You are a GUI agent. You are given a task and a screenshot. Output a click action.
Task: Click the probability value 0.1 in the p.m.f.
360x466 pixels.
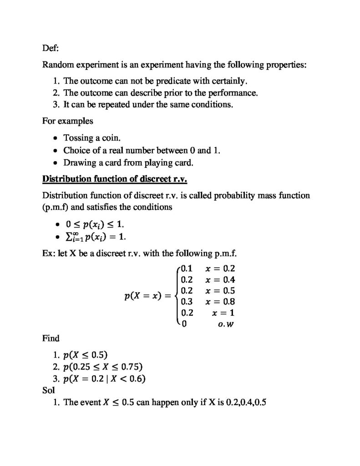[x=187, y=268]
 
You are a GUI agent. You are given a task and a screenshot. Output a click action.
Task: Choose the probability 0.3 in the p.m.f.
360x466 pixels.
[x=187, y=302]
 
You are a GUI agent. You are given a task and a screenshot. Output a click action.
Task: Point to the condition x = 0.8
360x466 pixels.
[x=220, y=302]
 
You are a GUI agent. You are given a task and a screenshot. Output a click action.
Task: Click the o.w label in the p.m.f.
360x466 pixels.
[x=226, y=324]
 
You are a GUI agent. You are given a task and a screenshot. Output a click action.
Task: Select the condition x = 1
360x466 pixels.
[x=223, y=313]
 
